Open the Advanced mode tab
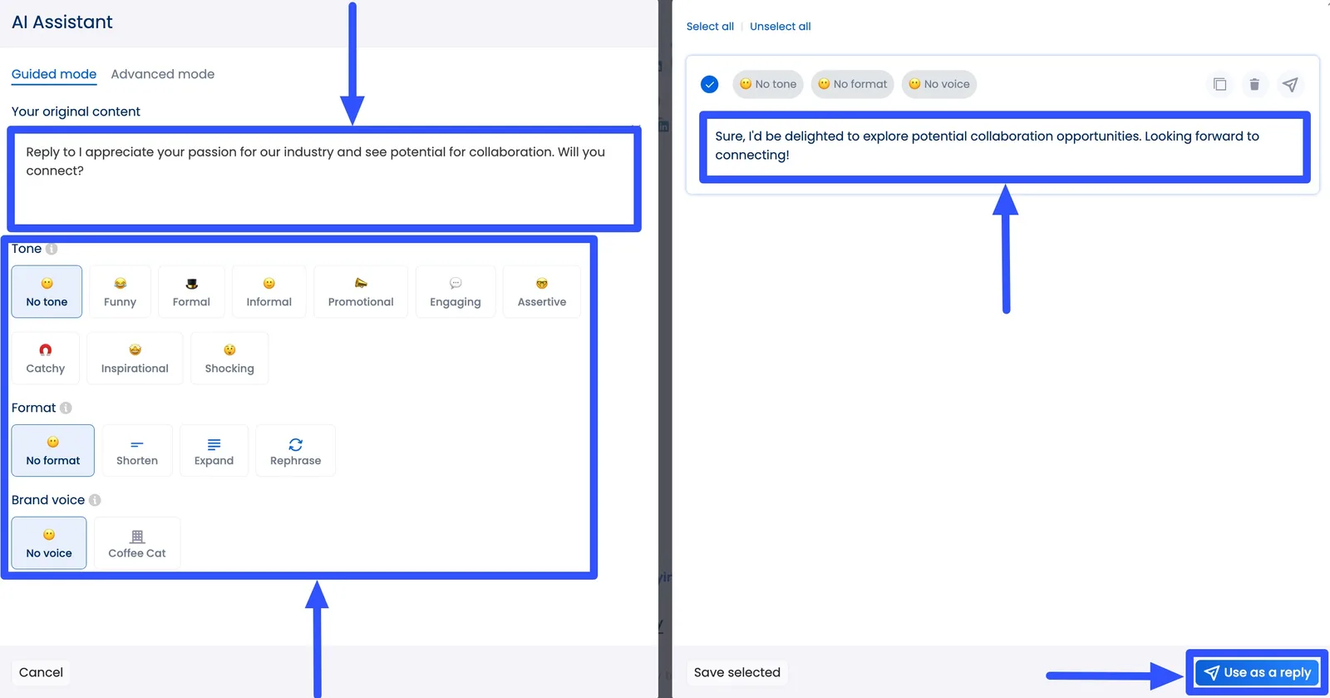click(x=162, y=74)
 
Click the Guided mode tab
click(x=54, y=74)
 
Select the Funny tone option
click(x=120, y=292)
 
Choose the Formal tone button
click(x=191, y=292)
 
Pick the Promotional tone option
click(x=361, y=292)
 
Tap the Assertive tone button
click(x=541, y=292)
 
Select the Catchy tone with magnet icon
click(x=46, y=359)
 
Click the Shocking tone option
click(x=229, y=359)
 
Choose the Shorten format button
click(x=137, y=451)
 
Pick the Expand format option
click(x=214, y=451)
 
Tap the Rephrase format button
click(x=295, y=451)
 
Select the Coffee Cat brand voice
click(x=137, y=543)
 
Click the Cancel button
click(x=41, y=672)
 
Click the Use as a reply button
click(x=1257, y=672)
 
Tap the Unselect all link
click(x=780, y=27)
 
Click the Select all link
click(x=710, y=27)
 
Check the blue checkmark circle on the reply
click(x=709, y=84)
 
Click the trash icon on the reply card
click(x=1254, y=84)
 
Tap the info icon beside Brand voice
click(x=95, y=500)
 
